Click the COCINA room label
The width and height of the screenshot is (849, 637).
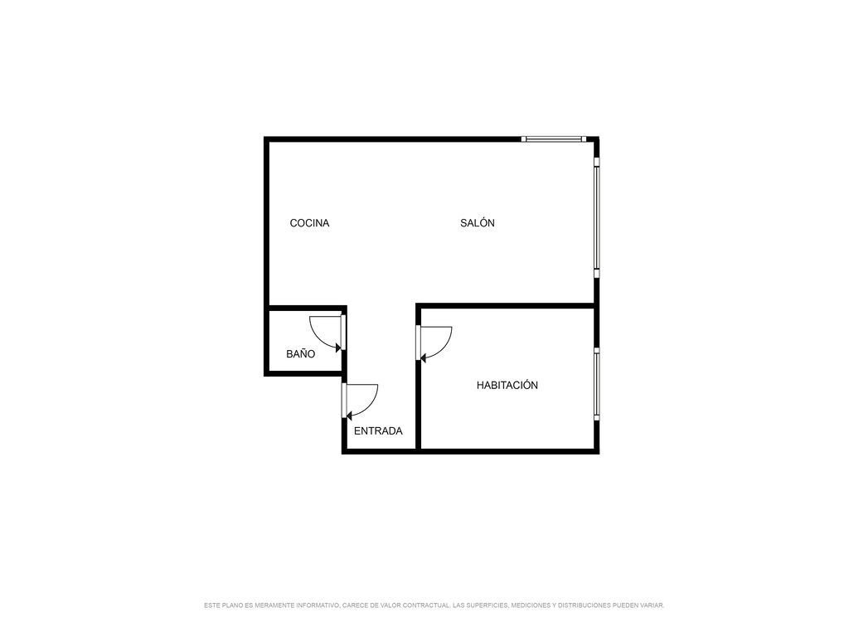309,223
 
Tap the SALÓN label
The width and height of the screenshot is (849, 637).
477,222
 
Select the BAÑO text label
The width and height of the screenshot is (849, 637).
300,353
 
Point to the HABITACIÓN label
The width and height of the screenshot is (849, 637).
507,385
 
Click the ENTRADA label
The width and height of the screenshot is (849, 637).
378,431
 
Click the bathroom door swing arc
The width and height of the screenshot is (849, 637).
318,336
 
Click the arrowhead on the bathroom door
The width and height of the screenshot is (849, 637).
339,348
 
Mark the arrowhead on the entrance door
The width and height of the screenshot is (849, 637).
349,416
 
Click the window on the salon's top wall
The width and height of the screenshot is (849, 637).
553,139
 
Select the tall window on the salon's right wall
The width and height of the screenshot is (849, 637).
597,218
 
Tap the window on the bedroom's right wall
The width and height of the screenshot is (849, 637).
597,384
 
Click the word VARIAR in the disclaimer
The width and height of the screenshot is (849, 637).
651,605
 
